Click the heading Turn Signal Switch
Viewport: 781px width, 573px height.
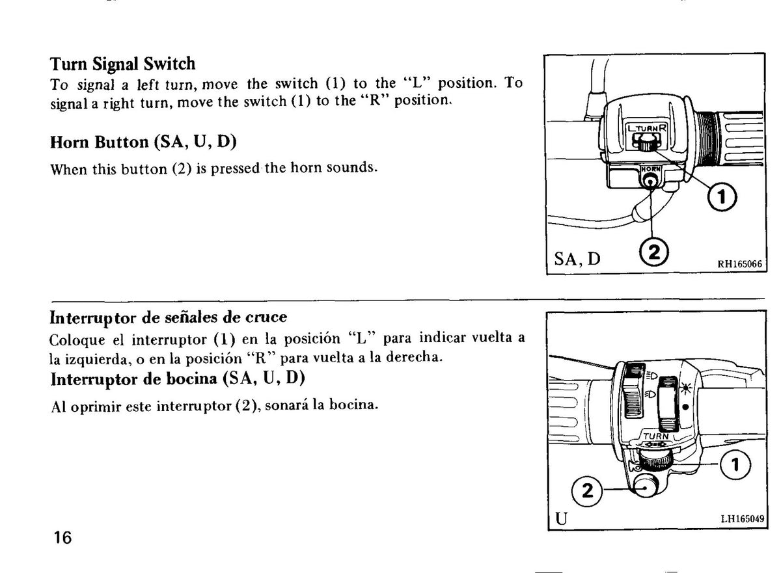tap(122, 64)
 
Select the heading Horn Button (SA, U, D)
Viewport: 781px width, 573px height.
tap(143, 142)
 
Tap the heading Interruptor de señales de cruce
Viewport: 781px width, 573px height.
tap(169, 317)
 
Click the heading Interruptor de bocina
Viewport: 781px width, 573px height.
tap(178, 379)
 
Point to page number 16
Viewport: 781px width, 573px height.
tap(62, 537)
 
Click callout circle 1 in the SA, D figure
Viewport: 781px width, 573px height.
tap(722, 197)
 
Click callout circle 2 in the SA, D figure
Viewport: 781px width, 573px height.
tap(653, 252)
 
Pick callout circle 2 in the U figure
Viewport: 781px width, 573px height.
tap(587, 491)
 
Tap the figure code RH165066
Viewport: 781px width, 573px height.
tap(739, 264)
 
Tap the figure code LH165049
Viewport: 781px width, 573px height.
tap(743, 519)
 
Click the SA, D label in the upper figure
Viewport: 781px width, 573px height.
tap(577, 259)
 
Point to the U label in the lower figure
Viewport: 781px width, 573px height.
tap(561, 518)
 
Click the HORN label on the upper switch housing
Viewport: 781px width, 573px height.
tap(651, 169)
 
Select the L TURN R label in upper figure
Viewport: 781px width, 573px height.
tap(647, 128)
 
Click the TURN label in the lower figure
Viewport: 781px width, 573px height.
tap(656, 436)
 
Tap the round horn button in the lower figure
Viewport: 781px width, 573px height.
tap(644, 487)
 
